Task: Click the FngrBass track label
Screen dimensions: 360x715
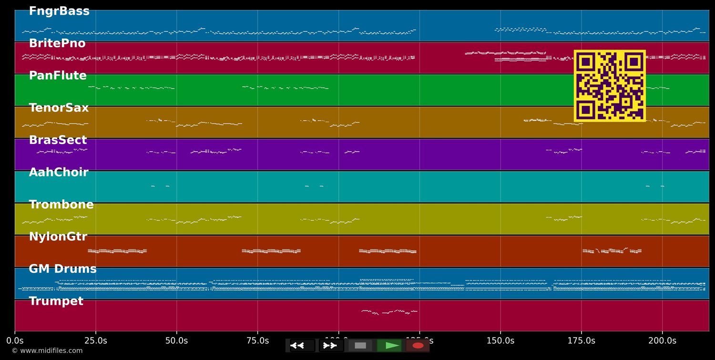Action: [59, 11]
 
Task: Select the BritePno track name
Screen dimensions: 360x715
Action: [57, 43]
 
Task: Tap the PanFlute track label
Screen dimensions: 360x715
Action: [58, 76]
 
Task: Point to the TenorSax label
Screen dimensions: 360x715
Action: [59, 108]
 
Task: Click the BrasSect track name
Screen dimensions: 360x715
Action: [58, 140]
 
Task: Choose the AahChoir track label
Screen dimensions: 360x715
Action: [59, 173]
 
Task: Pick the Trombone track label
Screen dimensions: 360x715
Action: [61, 205]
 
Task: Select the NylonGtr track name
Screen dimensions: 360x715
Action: [58, 237]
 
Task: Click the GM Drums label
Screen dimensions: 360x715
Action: [62, 269]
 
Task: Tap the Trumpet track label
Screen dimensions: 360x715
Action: [56, 301]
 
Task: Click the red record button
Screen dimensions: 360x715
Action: [418, 346]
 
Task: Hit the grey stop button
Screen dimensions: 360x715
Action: [360, 346]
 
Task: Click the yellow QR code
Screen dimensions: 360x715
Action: [610, 86]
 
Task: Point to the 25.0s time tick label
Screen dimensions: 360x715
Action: [96, 341]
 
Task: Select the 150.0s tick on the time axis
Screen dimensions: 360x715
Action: [500, 341]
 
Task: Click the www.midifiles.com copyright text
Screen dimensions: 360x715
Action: [47, 351]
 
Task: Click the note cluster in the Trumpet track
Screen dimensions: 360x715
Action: [389, 312]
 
